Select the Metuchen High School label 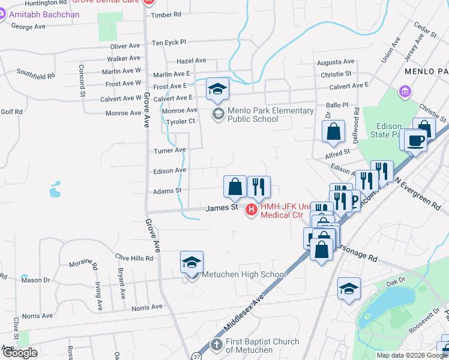click(x=243, y=275)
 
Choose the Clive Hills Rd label click(x=134, y=258)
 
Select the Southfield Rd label click(x=35, y=76)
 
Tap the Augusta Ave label click(x=336, y=62)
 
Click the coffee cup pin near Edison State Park click(x=415, y=141)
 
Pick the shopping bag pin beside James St click(x=235, y=187)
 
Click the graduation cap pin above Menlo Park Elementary click(x=217, y=90)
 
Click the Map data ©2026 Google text click(x=412, y=355)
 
